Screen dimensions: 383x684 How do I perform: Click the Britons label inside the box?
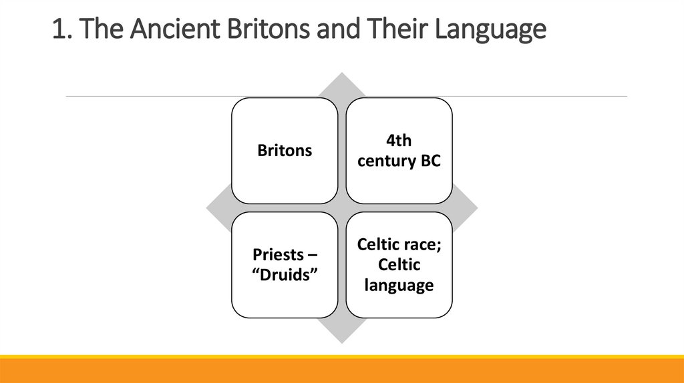[x=285, y=151]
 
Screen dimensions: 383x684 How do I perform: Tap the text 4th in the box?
[x=399, y=141]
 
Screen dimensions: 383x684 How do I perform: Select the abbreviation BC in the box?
[x=430, y=161]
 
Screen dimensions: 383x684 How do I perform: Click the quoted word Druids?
[x=285, y=275]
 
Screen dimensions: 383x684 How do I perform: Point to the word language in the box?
[x=399, y=286]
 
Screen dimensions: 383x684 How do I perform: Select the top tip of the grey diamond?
[x=342, y=74]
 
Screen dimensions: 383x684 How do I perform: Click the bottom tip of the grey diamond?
[x=342, y=342]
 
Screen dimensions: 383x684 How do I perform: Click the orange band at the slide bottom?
[x=342, y=371]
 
